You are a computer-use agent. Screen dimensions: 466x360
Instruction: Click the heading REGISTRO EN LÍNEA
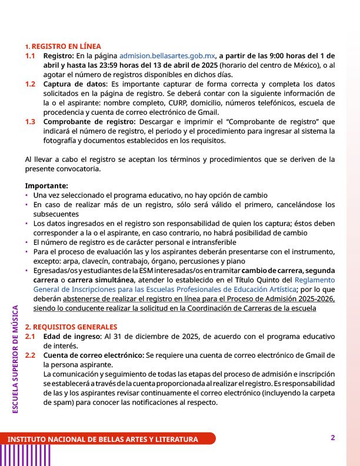pos(66,46)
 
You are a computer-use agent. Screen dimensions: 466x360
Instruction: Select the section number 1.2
pos(30,84)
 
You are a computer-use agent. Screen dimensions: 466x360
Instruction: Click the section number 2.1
pos(30,336)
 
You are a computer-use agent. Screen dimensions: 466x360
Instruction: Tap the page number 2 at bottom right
pos(333,438)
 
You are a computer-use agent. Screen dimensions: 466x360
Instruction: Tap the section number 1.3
pos(30,122)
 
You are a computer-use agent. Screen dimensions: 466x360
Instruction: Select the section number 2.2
pos(30,355)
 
